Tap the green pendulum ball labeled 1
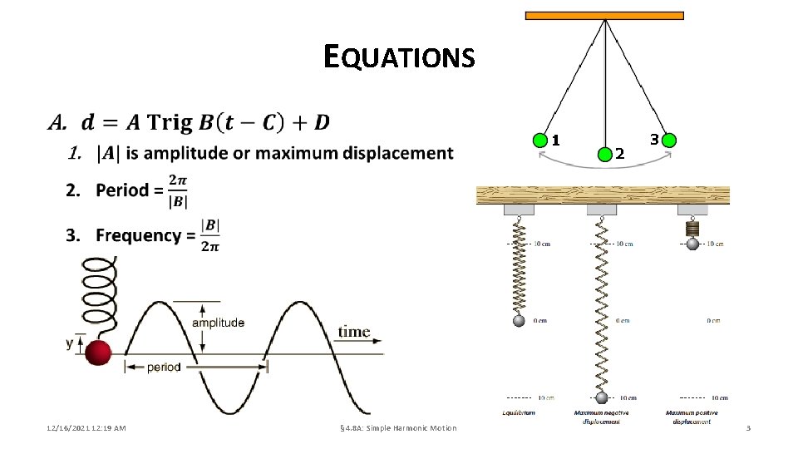[x=540, y=140]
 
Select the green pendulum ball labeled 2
[x=605, y=152]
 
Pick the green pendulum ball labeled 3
[x=669, y=140]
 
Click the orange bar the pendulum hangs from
[x=604, y=15]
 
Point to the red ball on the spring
[x=98, y=353]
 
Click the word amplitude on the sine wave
[x=218, y=323]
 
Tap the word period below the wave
[x=164, y=367]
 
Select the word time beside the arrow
[x=353, y=332]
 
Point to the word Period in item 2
[x=123, y=190]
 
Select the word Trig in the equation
[x=169, y=123]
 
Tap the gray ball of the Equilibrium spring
[x=519, y=321]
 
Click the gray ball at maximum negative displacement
[x=602, y=397]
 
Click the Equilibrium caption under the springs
[x=519, y=412]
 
